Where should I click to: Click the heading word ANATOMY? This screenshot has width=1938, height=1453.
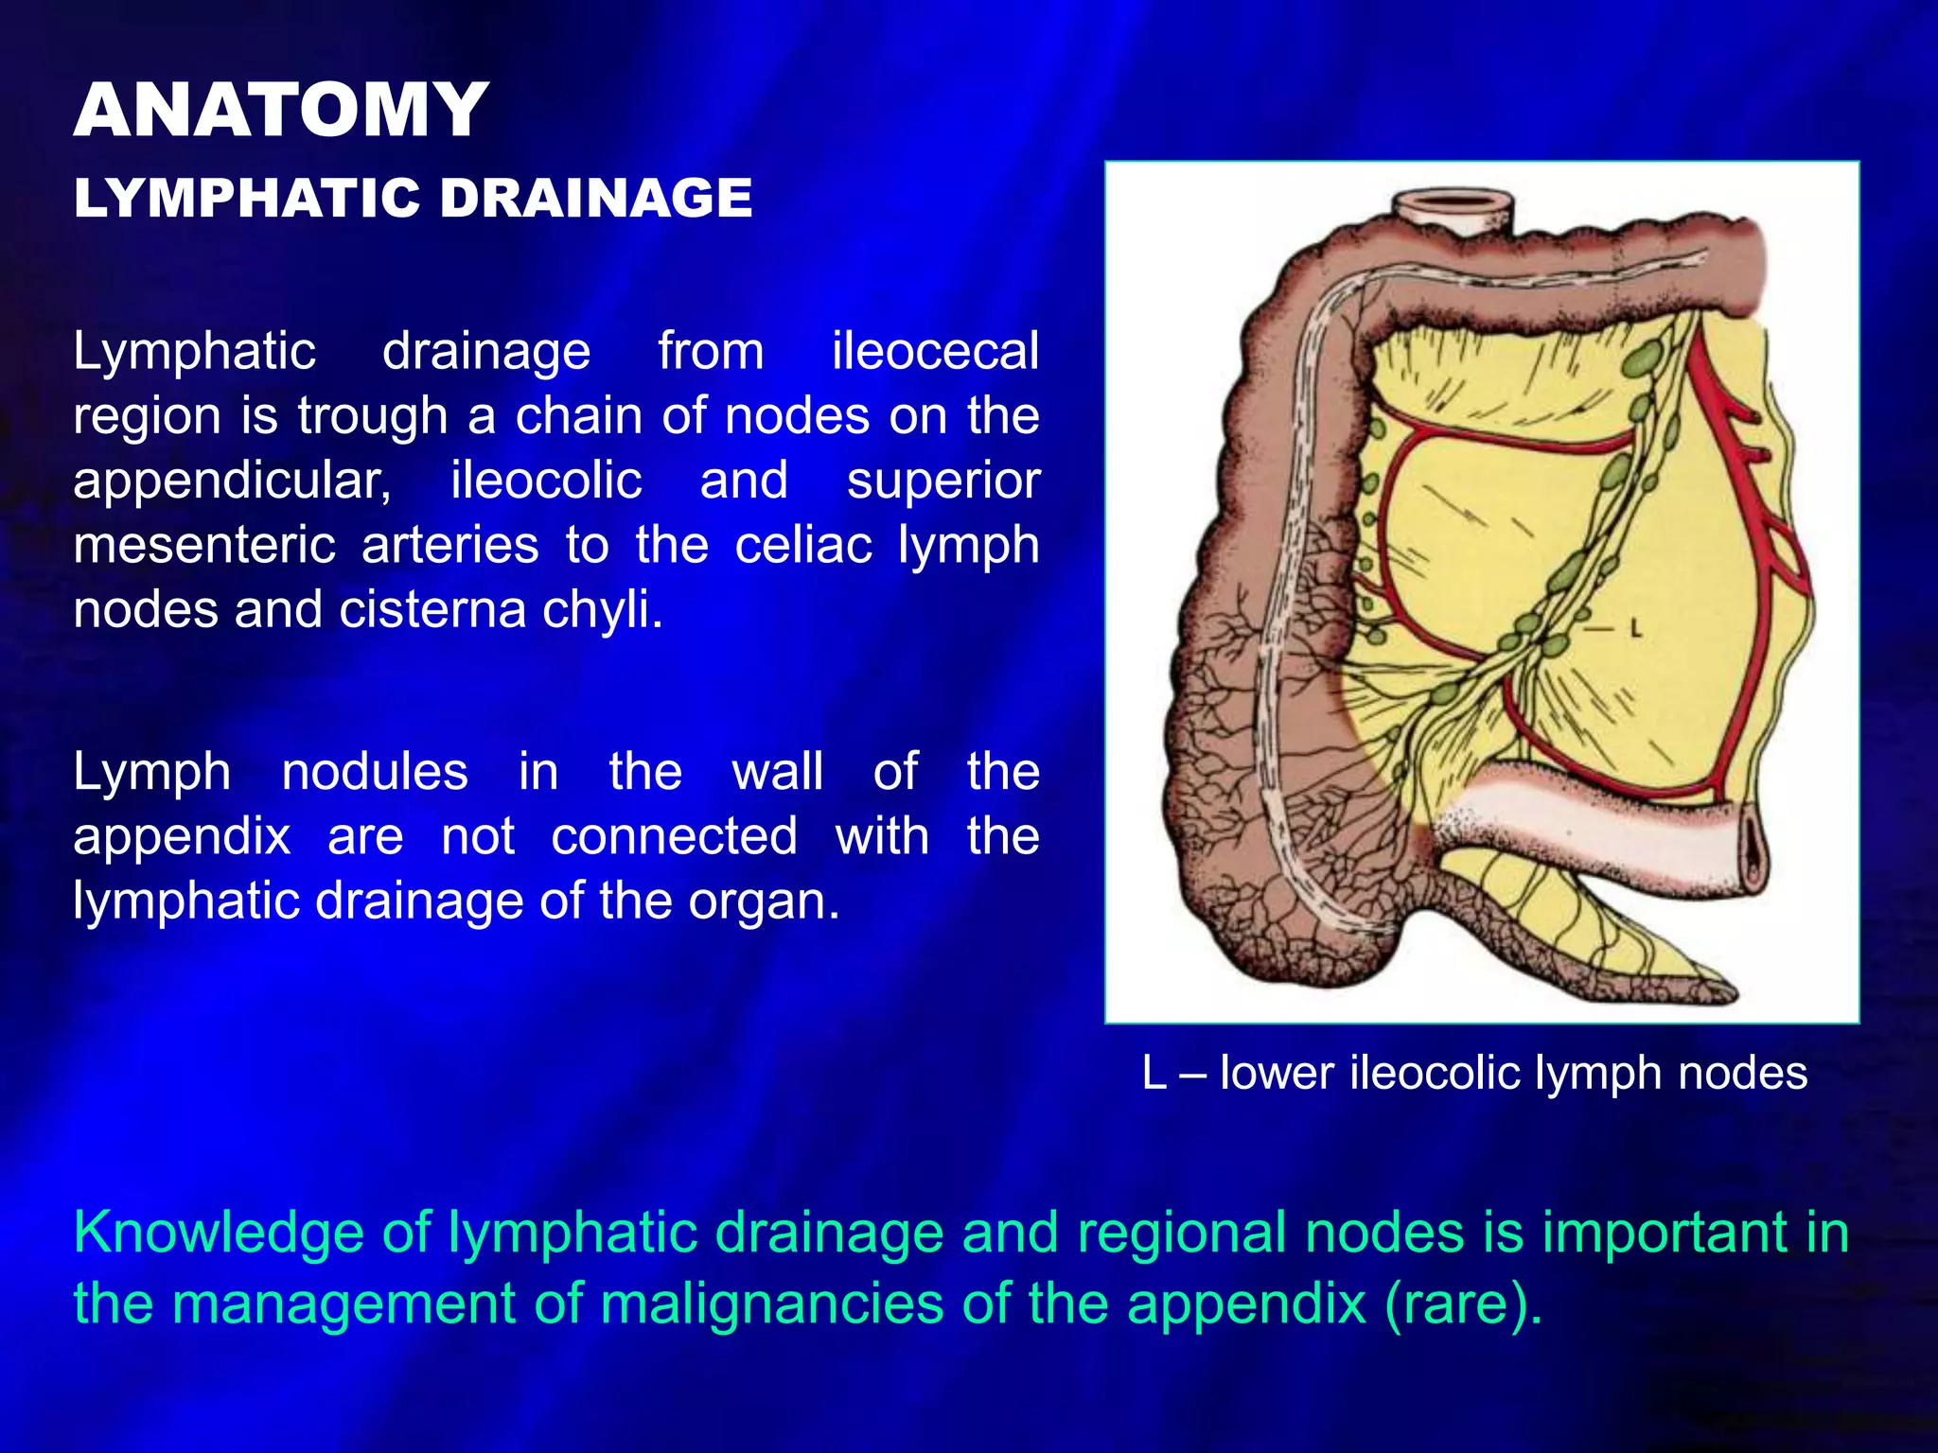(281, 111)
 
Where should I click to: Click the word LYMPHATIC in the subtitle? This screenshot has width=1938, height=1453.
(246, 199)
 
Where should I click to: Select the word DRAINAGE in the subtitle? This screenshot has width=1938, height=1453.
(595, 199)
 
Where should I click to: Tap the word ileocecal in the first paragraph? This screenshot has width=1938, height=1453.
(935, 352)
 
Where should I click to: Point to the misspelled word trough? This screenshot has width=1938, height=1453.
(372, 416)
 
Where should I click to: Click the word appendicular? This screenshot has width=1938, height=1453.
(232, 481)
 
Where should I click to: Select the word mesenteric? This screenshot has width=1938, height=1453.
(204, 546)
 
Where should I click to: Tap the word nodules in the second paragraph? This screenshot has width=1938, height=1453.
(375, 772)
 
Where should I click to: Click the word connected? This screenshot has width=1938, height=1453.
(674, 836)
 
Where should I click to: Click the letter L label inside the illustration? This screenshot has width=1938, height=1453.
(1634, 628)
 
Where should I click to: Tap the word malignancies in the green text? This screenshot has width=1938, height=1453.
(771, 1304)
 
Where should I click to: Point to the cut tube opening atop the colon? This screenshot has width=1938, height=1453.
(1454, 202)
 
